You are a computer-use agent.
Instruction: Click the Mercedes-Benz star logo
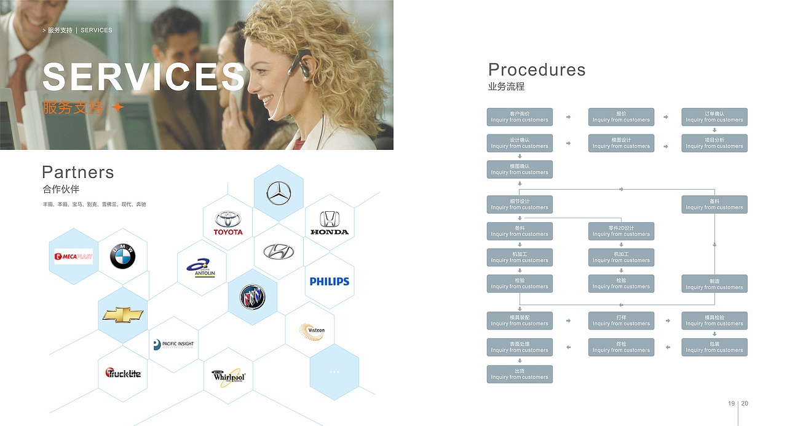(x=279, y=193)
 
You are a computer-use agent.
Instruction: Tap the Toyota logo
(x=228, y=223)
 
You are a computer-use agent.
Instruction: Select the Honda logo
(x=330, y=223)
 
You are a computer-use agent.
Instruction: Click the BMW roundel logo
(x=122, y=256)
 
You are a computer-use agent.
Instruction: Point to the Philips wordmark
(x=329, y=281)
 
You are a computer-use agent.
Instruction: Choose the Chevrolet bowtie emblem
(x=122, y=315)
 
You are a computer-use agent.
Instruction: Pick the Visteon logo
(x=312, y=331)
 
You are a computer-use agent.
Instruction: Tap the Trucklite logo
(x=123, y=373)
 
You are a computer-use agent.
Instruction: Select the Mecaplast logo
(x=74, y=257)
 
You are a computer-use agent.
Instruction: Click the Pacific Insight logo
(x=173, y=345)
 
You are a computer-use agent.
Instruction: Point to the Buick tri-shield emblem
(x=252, y=297)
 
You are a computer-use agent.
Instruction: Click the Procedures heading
(x=537, y=70)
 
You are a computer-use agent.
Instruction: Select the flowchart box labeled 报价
(x=621, y=117)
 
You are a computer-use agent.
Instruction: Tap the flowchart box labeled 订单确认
(x=714, y=117)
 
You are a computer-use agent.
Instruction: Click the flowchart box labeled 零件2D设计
(x=621, y=231)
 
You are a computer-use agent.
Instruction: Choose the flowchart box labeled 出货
(x=520, y=374)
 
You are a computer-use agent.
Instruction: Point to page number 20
(x=745, y=403)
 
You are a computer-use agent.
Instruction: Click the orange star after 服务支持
(x=117, y=107)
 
